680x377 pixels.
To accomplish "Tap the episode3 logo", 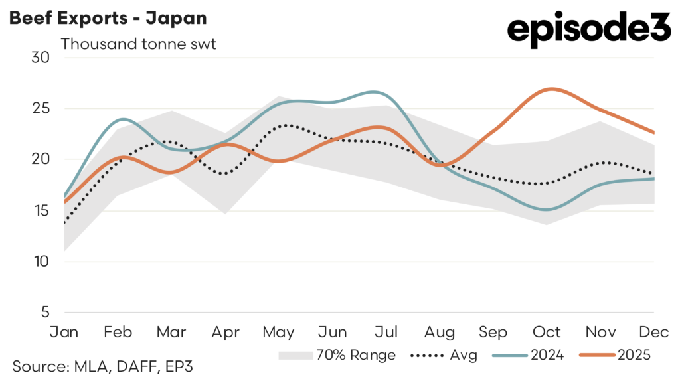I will [589, 31].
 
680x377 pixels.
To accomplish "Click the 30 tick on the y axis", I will [41, 57].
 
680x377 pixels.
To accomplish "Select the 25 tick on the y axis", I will [41, 108].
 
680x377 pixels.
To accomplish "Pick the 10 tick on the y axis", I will [41, 262].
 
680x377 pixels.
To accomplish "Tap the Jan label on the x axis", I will [64, 331].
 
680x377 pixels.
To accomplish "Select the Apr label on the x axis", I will [226, 331].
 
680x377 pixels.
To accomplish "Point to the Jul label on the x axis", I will [386, 331].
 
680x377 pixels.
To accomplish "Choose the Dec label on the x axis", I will [655, 331].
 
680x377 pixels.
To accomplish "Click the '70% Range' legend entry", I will [337, 355].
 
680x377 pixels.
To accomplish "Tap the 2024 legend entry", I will [528, 355].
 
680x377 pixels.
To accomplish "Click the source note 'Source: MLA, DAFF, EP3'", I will [103, 366].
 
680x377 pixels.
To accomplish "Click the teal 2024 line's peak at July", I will [375, 92].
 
